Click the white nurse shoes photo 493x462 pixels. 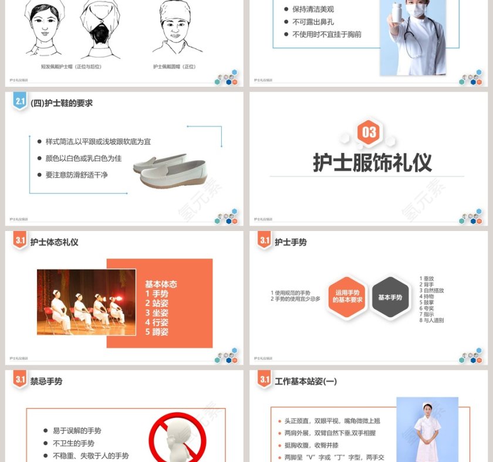tap(170, 170)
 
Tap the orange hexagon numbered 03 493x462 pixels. tap(369, 132)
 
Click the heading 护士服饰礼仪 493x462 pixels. tap(372, 162)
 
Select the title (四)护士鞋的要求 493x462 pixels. tap(62, 103)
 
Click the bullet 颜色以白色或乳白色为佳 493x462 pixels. tap(83, 158)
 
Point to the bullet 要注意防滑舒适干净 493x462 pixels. tap(77, 175)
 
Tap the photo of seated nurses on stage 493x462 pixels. tap(86, 302)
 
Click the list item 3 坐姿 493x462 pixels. tap(157, 312)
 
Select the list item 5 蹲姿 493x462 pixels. tap(157, 331)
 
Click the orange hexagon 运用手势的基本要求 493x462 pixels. tap(347, 297)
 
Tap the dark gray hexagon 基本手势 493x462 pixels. tap(390, 297)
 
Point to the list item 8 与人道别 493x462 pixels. tap(431, 320)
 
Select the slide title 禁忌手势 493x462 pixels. tap(46, 381)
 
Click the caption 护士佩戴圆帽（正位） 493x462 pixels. tap(174, 66)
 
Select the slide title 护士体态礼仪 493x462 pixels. tap(54, 242)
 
